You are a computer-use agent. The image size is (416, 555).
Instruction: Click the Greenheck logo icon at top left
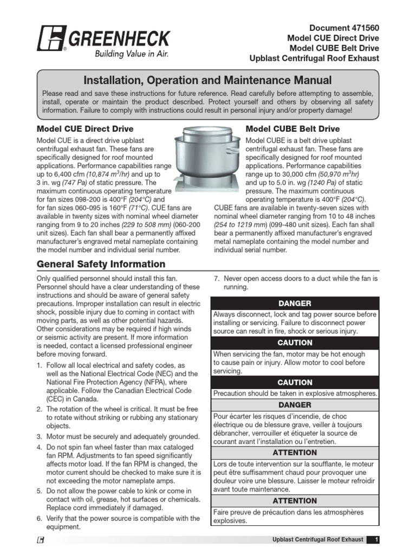coord(51,40)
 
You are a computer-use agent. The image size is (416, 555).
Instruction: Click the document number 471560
coord(360,28)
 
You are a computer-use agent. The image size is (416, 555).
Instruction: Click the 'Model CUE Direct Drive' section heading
coord(84,129)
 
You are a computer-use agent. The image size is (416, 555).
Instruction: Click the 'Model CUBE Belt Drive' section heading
coord(292,129)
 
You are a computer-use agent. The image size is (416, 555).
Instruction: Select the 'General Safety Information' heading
coord(101,264)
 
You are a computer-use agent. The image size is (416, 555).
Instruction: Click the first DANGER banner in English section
coord(295,303)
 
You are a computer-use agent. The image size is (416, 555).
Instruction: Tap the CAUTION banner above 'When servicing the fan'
coord(295,343)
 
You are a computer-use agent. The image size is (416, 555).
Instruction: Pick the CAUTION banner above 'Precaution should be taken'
coord(295,382)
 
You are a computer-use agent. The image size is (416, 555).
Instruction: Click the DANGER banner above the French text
coord(295,405)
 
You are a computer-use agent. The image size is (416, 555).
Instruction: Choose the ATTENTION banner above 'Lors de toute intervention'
coord(295,452)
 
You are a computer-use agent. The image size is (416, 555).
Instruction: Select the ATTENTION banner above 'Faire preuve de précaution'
coord(295,501)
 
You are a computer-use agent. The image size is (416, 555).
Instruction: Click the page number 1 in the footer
coord(376,540)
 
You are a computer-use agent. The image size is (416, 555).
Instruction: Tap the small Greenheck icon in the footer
coord(41,540)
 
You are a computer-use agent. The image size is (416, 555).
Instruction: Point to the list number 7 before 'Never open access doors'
coord(215,279)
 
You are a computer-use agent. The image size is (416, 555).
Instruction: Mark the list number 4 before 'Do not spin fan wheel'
coord(39,448)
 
